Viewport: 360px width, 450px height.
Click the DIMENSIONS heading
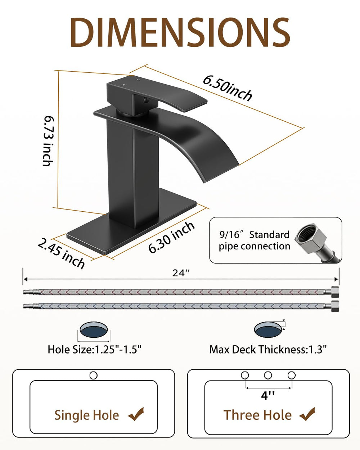[180, 32]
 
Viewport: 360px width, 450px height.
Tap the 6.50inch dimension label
[228, 89]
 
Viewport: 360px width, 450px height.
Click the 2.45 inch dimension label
[62, 253]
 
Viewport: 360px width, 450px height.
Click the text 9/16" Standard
[255, 235]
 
